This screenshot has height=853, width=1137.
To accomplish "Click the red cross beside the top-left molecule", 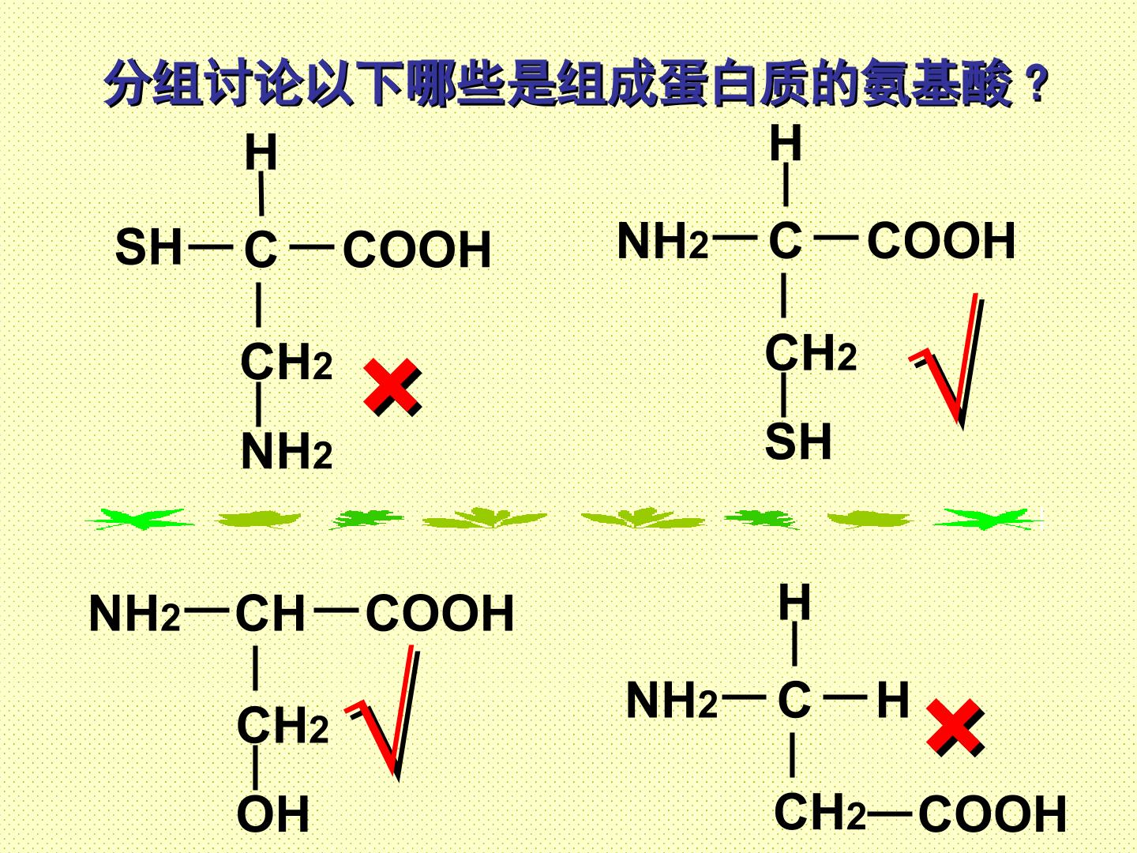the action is point(392,387).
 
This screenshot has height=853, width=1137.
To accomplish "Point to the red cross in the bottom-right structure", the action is point(955,727).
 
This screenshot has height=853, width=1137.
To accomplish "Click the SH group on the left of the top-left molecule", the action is point(148,247).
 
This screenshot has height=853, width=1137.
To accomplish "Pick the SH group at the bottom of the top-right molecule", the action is point(798,442).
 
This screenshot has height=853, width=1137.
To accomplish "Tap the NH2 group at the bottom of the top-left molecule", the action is point(287,452).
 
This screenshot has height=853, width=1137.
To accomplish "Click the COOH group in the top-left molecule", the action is point(416,250).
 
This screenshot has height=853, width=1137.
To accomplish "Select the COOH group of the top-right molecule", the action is point(941,240).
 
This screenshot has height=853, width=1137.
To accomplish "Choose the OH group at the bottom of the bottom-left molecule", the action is point(273,814).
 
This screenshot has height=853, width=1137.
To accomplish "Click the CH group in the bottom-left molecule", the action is point(270,613).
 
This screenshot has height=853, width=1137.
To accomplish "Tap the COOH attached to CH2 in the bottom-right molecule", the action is point(992,814).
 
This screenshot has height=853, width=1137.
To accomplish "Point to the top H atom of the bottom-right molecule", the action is point(794,602).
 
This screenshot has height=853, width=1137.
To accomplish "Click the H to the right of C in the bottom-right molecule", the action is point(893,700).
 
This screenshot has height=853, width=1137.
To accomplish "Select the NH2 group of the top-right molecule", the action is point(662,241).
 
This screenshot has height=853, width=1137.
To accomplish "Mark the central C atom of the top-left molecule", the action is point(260,250).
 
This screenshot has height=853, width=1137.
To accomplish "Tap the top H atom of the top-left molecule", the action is point(261,152).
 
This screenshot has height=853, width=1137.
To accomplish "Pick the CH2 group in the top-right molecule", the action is point(811,353).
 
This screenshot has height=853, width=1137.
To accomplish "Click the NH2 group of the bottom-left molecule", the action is point(135,613).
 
